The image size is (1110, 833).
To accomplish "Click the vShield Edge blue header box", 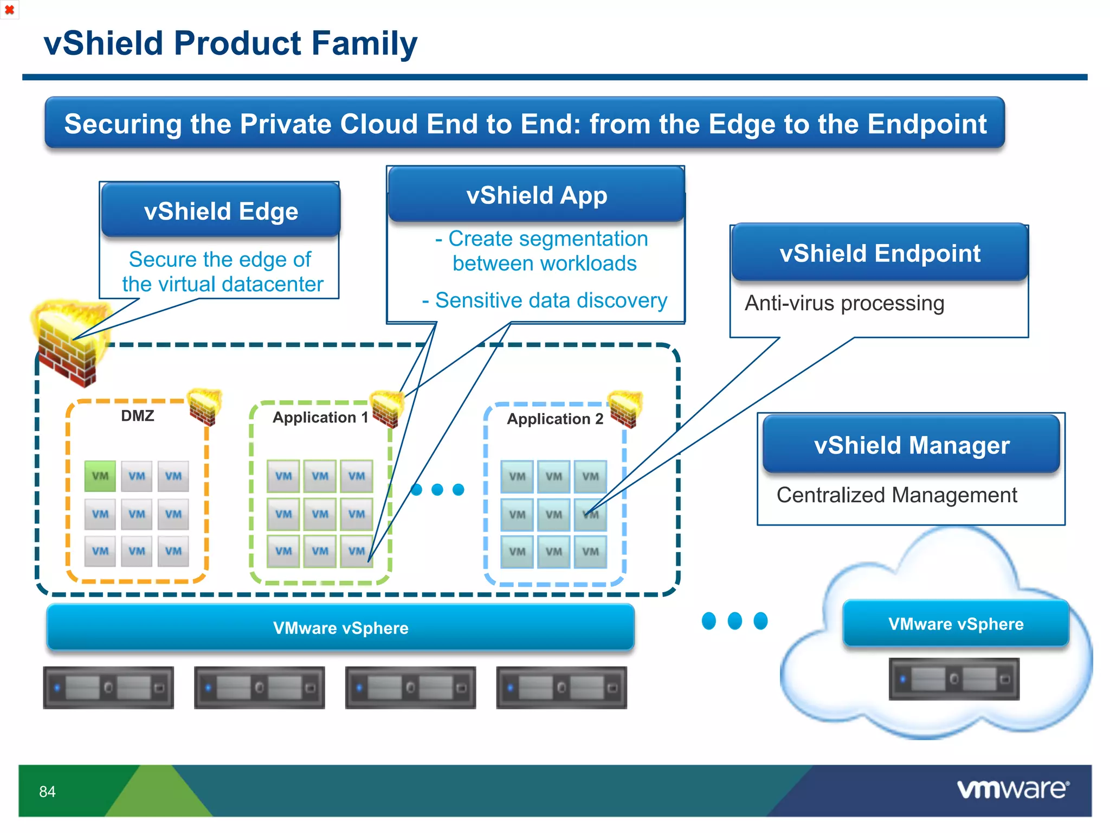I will coord(221,210).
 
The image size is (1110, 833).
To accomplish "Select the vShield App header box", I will coord(537,195).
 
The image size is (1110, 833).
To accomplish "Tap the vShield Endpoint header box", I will coord(880,253).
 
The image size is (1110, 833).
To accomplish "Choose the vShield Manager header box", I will coord(911,445).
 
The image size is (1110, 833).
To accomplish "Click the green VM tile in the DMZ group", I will coord(100,476).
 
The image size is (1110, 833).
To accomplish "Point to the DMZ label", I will coord(138,416).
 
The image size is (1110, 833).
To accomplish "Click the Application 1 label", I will coord(320,418).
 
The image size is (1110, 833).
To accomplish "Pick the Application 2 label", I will coord(554,419).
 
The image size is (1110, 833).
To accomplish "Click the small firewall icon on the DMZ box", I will coord(205,407).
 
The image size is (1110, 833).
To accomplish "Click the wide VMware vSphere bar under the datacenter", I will coord(340,627).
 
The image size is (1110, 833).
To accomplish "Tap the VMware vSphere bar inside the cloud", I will coord(956,624).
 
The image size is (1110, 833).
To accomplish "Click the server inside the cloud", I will coord(954,678).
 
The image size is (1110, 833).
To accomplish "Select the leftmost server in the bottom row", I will coord(108,688).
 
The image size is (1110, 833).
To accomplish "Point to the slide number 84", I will coord(47,792).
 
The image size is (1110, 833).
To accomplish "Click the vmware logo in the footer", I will coord(1012,789).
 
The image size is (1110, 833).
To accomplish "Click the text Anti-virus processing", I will coord(844,303).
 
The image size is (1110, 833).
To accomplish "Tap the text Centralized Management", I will coord(896,495).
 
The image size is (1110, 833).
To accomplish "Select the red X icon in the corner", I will coord(9,10).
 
